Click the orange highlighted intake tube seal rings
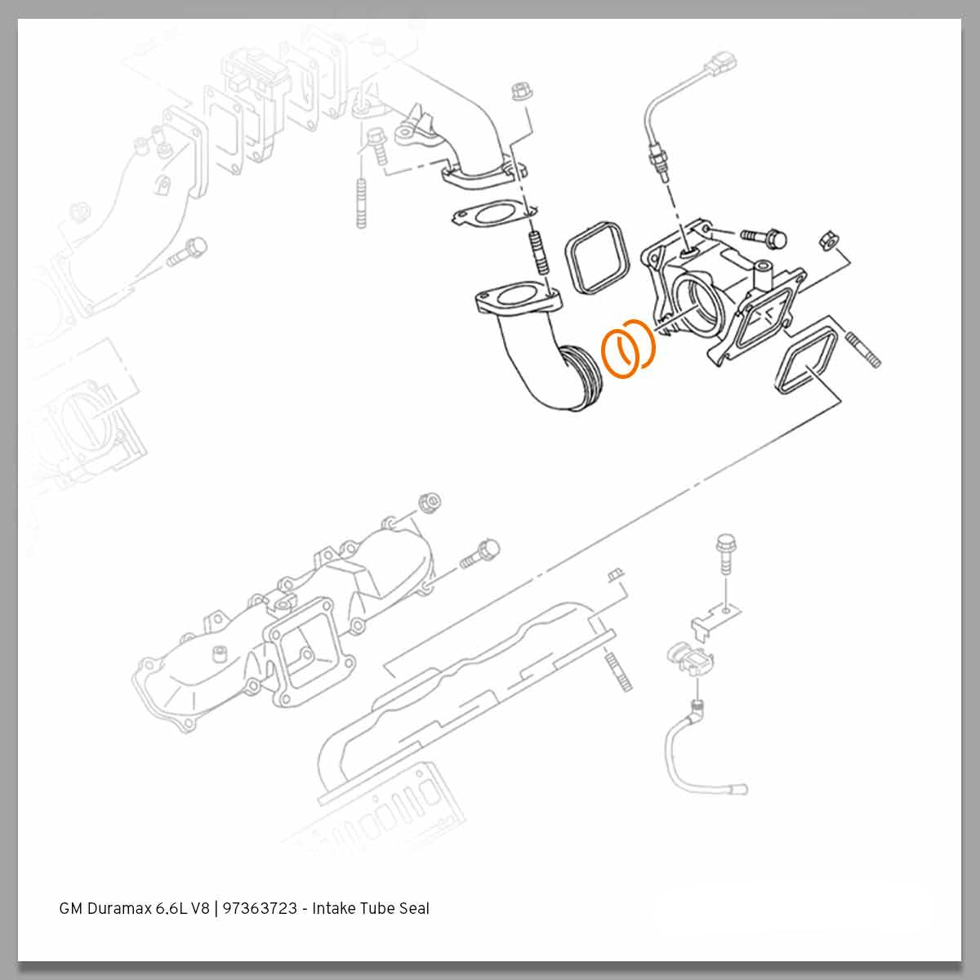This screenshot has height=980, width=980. pyautogui.click(x=628, y=350)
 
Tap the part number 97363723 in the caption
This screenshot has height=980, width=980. pyautogui.click(x=259, y=908)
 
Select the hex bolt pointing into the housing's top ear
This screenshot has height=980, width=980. pyautogui.click(x=764, y=238)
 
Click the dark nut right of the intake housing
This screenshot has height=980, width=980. pyautogui.click(x=827, y=241)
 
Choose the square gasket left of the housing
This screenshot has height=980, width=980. pyautogui.click(x=596, y=255)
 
